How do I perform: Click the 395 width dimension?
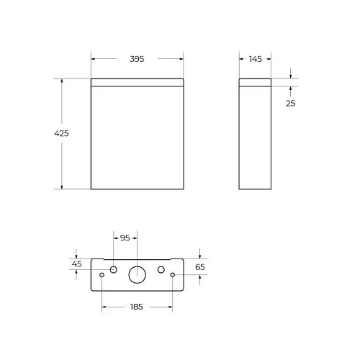(137, 59)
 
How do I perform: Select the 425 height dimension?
(62, 134)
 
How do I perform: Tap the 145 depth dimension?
(256, 59)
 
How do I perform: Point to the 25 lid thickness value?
(290, 103)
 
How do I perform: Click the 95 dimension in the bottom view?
(124, 238)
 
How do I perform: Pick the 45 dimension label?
(76, 264)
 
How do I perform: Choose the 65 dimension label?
(200, 266)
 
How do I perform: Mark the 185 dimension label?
(137, 307)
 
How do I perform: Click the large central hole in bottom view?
(137, 274)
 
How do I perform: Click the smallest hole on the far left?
(102, 276)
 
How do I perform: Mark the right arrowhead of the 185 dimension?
(169, 307)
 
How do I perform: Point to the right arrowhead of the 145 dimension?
(270, 59)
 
